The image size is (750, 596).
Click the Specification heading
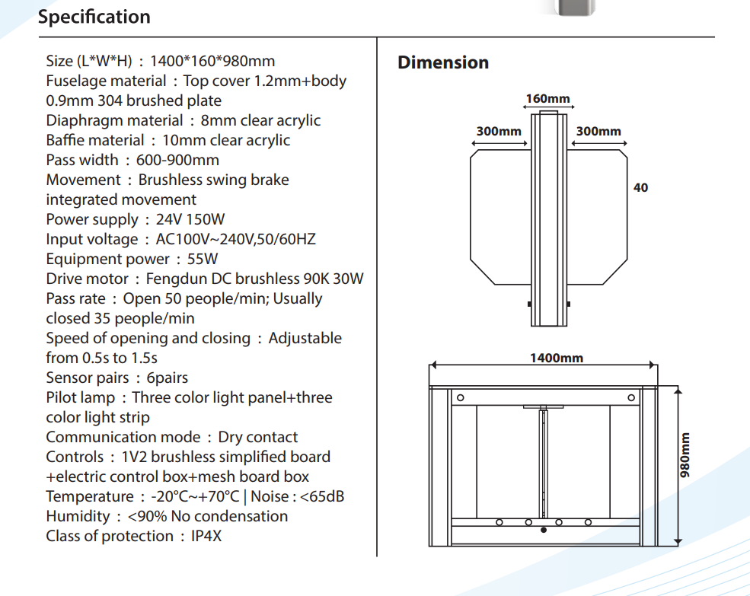pos(94,18)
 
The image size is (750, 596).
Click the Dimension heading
pos(443,62)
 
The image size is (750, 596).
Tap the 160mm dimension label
pos(547,98)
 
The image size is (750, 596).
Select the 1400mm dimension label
pos(557,358)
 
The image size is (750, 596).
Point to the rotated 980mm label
pos(685,455)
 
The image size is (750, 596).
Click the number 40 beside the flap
pos(640,187)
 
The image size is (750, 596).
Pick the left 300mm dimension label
pos(499,131)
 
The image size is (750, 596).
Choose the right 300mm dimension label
pos(598,131)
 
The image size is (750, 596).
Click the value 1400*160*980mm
pos(212,61)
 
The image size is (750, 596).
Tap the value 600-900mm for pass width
pos(177,161)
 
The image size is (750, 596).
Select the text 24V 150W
pos(190,219)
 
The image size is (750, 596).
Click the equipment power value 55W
pos(203,260)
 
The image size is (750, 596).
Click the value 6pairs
pos(167,378)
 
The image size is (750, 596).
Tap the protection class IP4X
pos(206,536)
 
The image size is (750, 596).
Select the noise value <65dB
pos(322,496)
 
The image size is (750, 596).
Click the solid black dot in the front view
pos(544,530)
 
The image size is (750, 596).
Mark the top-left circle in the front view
pos(461,397)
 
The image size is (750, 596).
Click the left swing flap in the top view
pos(501,217)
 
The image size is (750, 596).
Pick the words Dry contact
pos(258,437)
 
